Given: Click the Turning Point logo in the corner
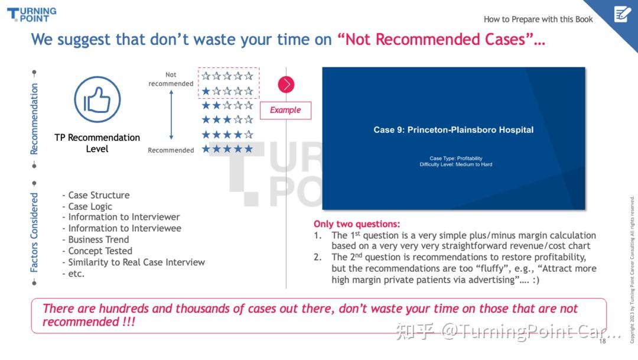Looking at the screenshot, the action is click(32, 14).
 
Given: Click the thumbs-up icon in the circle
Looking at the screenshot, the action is click(97, 99).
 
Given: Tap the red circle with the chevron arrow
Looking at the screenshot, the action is click(286, 85).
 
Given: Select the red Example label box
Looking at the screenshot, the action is click(286, 111).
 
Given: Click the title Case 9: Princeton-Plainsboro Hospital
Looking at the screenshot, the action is click(453, 130).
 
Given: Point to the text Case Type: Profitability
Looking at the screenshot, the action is click(455, 158).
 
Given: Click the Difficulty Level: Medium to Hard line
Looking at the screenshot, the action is click(455, 164).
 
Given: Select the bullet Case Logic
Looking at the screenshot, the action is click(87, 206).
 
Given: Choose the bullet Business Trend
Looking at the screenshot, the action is click(96, 239).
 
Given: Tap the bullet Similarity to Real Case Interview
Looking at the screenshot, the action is click(134, 262).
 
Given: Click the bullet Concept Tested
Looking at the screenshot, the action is click(97, 251).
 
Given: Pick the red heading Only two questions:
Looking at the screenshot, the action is click(356, 224).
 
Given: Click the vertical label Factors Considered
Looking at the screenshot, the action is click(34, 232).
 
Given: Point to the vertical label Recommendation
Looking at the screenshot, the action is click(34, 119).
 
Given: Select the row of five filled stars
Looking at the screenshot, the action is click(227, 148).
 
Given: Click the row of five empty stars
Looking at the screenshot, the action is click(227, 76).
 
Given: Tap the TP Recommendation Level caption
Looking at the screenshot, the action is click(97, 143).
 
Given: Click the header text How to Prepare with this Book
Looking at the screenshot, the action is click(538, 19).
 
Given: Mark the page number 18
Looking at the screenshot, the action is click(602, 341).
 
